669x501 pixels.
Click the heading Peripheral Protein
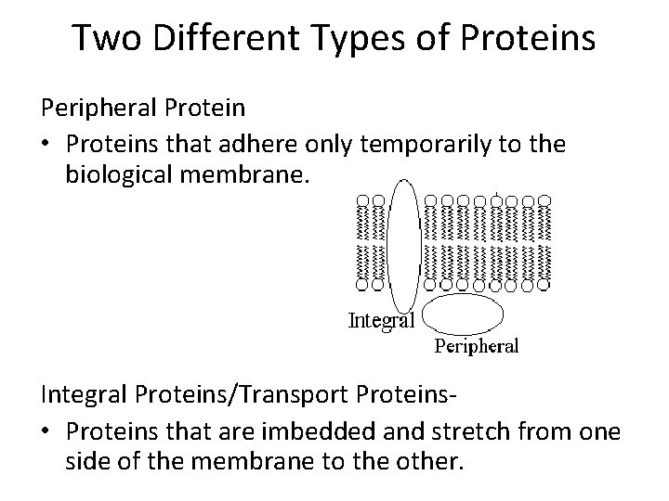pyautogui.click(x=143, y=108)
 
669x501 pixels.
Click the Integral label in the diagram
pyautogui.click(x=380, y=321)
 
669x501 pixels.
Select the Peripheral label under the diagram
pyautogui.click(x=478, y=346)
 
